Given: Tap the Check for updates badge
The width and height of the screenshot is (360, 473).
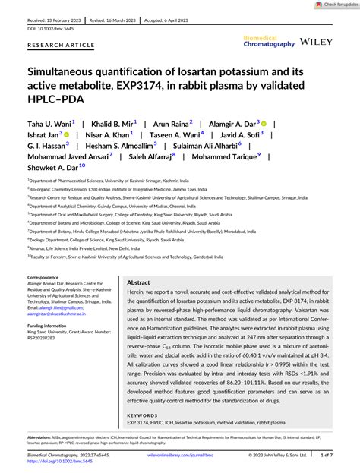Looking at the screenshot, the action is [x=335, y=5].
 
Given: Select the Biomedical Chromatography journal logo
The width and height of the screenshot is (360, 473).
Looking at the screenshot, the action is [x=268, y=41].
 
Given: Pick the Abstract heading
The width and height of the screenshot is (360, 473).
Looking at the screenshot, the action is [x=144, y=281].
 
